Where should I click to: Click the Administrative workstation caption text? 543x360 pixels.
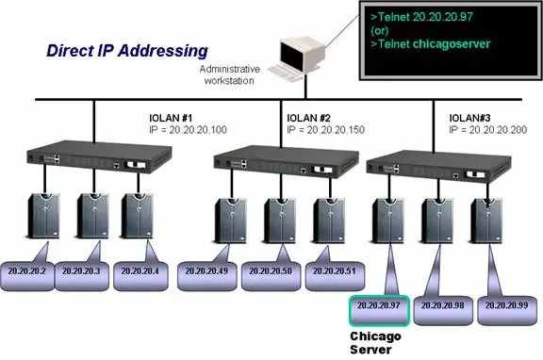[x=230, y=75]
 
